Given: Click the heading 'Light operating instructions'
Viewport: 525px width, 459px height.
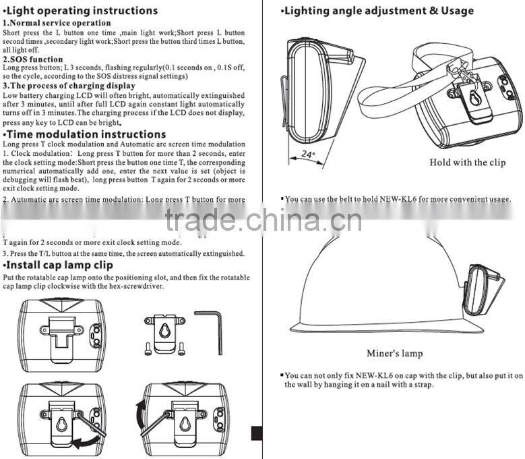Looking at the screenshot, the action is click(x=81, y=11).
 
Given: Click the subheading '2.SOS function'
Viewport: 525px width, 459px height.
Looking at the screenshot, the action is click(x=32, y=59).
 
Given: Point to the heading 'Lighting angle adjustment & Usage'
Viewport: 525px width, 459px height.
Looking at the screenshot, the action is click(x=379, y=11).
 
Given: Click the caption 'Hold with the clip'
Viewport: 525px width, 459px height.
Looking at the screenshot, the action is click(x=467, y=162).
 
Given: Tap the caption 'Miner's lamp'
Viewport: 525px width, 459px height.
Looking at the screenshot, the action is click(x=395, y=353).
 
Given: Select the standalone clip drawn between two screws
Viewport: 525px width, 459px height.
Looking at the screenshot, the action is click(x=164, y=333).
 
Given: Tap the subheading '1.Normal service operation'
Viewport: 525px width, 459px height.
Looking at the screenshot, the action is click(x=57, y=23).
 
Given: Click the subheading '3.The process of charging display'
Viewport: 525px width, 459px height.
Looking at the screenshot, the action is click(x=69, y=86).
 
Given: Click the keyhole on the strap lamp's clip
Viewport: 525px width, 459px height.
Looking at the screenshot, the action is click(x=476, y=99).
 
